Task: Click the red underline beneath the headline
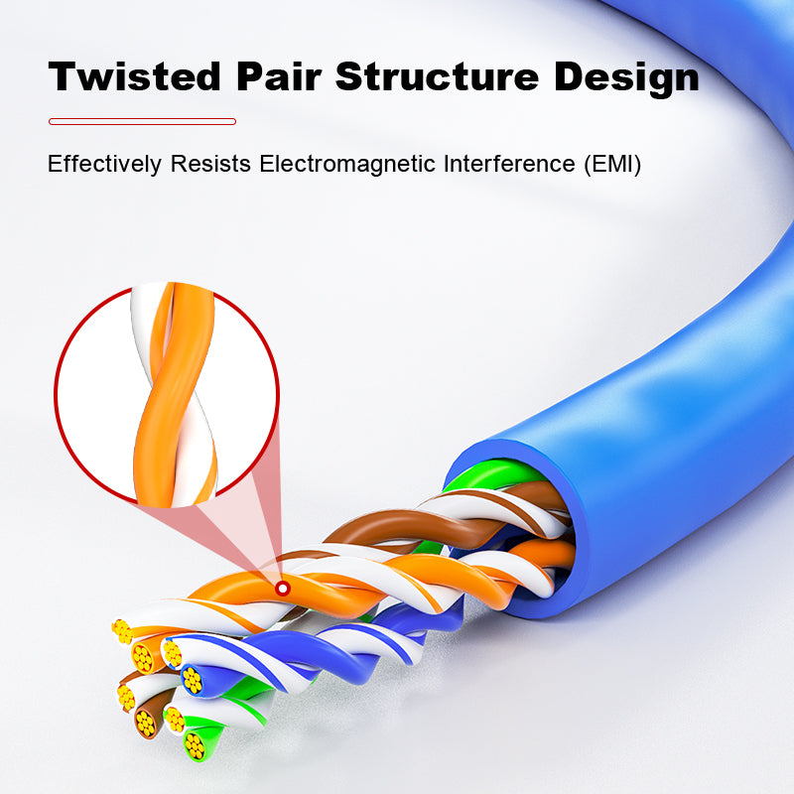point(142,121)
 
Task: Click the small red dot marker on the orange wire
point(283,589)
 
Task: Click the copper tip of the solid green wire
point(196,745)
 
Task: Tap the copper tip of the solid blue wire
point(192,680)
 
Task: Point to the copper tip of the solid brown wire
point(146,724)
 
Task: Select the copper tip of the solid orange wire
point(144,656)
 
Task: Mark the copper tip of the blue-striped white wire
point(173,653)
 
